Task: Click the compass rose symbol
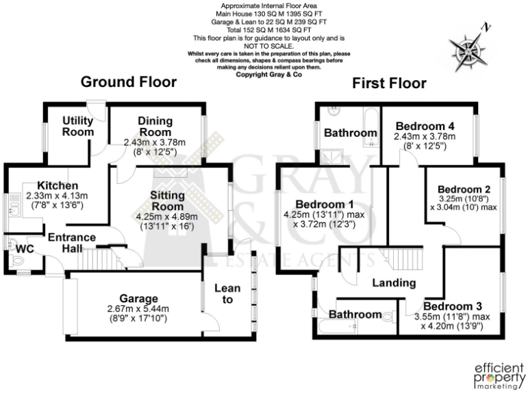tap(467, 48)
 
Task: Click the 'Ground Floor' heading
tap(129, 83)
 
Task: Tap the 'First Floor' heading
tap(389, 83)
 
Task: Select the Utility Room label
tap(78, 126)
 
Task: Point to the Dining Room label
tap(155, 126)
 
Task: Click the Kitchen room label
tap(58, 185)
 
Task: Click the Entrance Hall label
tap(71, 243)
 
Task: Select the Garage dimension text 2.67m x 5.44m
tap(137, 308)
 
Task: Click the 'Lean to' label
tap(227, 294)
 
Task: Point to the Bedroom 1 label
tap(324, 204)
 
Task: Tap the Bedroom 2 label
tap(464, 189)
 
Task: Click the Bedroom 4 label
tap(424, 126)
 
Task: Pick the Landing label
tap(394, 283)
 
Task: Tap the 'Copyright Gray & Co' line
tap(263, 75)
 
